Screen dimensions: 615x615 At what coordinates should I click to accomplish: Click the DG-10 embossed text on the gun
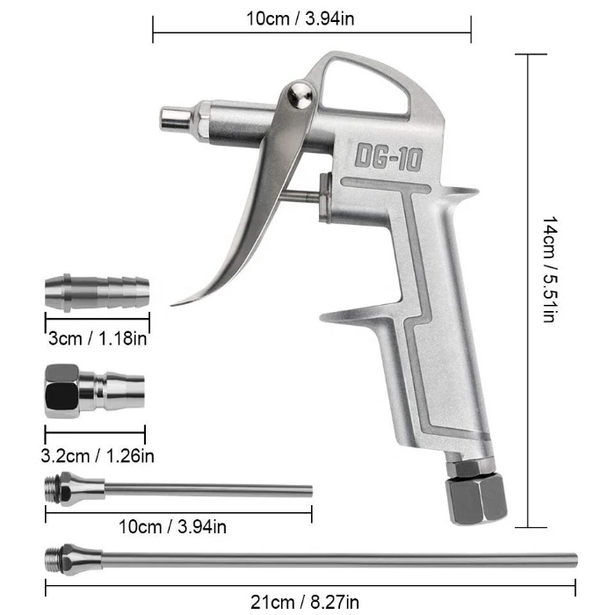pyautogui.click(x=388, y=156)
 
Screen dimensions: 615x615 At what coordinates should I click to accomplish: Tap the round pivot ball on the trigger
pyautogui.click(x=300, y=95)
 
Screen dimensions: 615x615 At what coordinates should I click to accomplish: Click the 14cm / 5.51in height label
pyautogui.click(x=550, y=269)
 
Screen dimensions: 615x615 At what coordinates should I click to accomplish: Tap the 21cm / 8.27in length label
pyautogui.click(x=305, y=602)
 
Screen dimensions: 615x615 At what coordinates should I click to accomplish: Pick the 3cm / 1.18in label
pyautogui.click(x=98, y=338)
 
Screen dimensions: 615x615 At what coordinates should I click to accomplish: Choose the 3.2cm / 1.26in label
pyautogui.click(x=98, y=456)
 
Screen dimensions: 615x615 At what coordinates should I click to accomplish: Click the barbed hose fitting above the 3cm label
pyautogui.click(x=98, y=293)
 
